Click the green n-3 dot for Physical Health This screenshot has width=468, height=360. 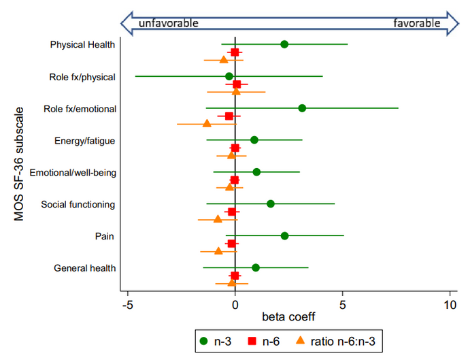click(284, 44)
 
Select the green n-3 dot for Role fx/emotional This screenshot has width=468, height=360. click(302, 108)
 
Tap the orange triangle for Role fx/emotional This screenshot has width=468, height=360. click(207, 124)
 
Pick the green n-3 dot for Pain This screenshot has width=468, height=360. click(284, 236)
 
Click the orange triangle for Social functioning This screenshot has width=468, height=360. click(218, 219)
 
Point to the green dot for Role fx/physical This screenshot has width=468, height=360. click(229, 76)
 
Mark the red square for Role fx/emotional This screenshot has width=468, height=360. click(229, 116)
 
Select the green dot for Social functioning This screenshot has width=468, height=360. click(271, 203)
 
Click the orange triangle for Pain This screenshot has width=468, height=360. click(218, 251)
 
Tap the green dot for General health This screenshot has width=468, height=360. click(256, 267)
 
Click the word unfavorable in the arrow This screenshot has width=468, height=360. click(169, 22)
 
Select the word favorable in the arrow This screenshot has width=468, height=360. click(417, 22)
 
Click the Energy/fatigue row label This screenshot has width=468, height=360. click(84, 141)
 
